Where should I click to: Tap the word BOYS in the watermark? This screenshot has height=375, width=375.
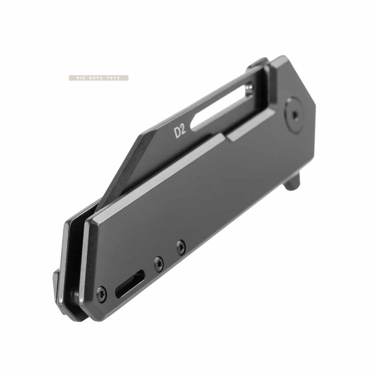(x=93, y=78)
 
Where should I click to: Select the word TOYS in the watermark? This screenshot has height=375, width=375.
(x=113, y=78)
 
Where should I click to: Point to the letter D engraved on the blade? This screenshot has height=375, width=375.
(x=178, y=133)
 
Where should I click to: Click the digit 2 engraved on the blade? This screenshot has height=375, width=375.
(x=183, y=130)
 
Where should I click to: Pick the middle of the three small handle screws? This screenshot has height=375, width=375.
(x=158, y=264)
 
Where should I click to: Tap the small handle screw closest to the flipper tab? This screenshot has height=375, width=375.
(x=180, y=247)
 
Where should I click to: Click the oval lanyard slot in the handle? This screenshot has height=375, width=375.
(x=130, y=284)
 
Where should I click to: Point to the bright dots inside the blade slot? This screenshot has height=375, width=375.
(x=249, y=88)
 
